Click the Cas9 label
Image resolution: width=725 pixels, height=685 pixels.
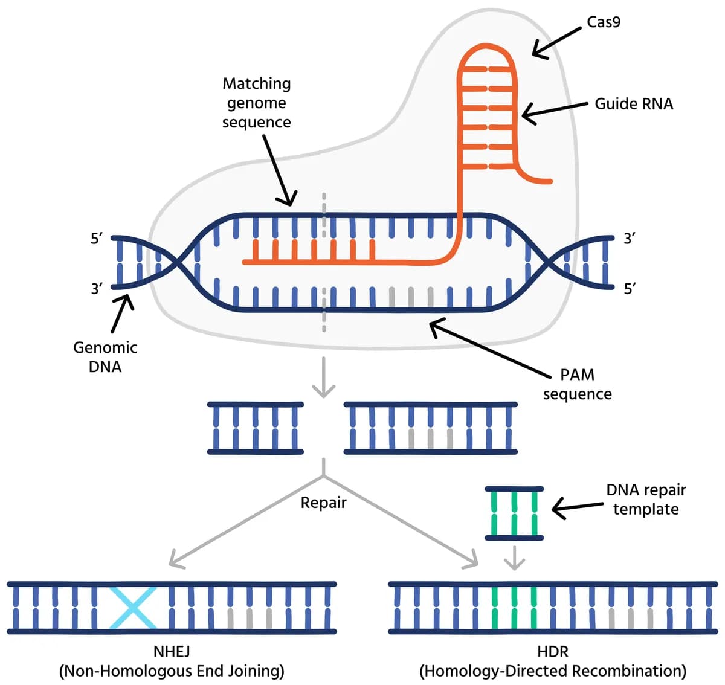[603, 22]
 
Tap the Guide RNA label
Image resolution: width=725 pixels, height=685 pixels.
[633, 104]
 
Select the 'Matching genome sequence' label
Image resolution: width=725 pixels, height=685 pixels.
[257, 103]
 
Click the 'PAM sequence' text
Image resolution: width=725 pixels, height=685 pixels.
[577, 384]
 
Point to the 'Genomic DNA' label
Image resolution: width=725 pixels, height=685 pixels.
[105, 357]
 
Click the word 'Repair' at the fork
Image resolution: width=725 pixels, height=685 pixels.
[324, 503]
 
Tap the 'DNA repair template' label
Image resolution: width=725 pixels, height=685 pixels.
[646, 500]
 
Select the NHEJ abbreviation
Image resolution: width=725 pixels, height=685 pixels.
[172, 651]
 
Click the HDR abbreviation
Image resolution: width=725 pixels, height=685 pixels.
[552, 651]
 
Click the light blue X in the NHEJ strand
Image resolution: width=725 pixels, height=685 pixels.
[133, 608]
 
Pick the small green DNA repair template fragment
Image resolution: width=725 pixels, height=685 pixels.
[514, 513]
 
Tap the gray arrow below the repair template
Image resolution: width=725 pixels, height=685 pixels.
[514, 558]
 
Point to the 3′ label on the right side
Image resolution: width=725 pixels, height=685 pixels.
[630, 239]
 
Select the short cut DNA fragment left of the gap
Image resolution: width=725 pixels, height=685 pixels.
[255, 428]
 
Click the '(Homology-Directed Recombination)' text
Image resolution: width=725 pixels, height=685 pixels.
[552, 671]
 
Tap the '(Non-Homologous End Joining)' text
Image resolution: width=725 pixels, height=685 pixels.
[172, 671]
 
